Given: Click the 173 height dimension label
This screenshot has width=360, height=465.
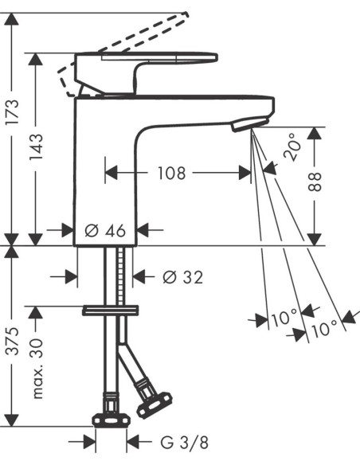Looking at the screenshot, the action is (14, 112).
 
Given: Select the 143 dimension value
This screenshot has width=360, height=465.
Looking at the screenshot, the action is (36, 147).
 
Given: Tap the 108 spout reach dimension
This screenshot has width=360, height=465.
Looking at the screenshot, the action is (171, 174).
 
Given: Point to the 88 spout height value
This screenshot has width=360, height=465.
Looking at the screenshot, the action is (315, 182).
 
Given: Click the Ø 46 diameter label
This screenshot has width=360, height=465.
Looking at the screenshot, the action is (105, 230).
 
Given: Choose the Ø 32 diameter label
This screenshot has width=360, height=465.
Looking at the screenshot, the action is (183, 278).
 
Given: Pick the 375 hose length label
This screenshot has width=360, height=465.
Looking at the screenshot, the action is (14, 341).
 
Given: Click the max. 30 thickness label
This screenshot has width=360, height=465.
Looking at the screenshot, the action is (37, 369).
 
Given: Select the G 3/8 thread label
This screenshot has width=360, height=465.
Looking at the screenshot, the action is (184, 443).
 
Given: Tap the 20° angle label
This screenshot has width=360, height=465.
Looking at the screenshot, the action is (292, 147).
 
